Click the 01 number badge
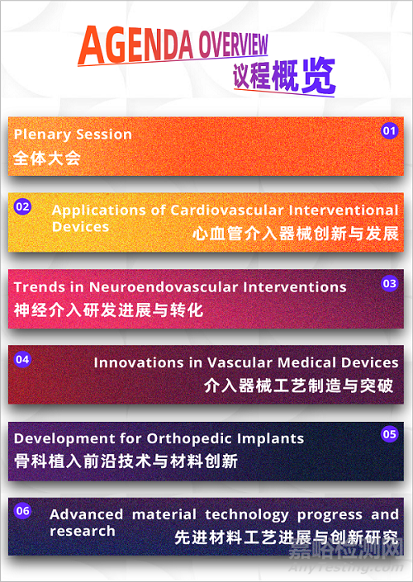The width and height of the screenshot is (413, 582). coord(389,130)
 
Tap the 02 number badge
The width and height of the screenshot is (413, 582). coord(23,206)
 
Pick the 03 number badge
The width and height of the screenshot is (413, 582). coord(389,283)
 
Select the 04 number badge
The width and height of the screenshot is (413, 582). coord(23,359)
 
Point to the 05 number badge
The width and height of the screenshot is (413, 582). coord(389,433)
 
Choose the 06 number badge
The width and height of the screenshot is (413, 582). coord(23,511)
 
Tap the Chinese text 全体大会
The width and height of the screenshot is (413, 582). coord(47,157)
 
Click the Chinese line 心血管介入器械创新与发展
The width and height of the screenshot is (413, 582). coord(295,233)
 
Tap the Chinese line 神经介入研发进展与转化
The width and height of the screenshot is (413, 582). coord(108,310)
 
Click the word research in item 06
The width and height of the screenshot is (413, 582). coord(83,531)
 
